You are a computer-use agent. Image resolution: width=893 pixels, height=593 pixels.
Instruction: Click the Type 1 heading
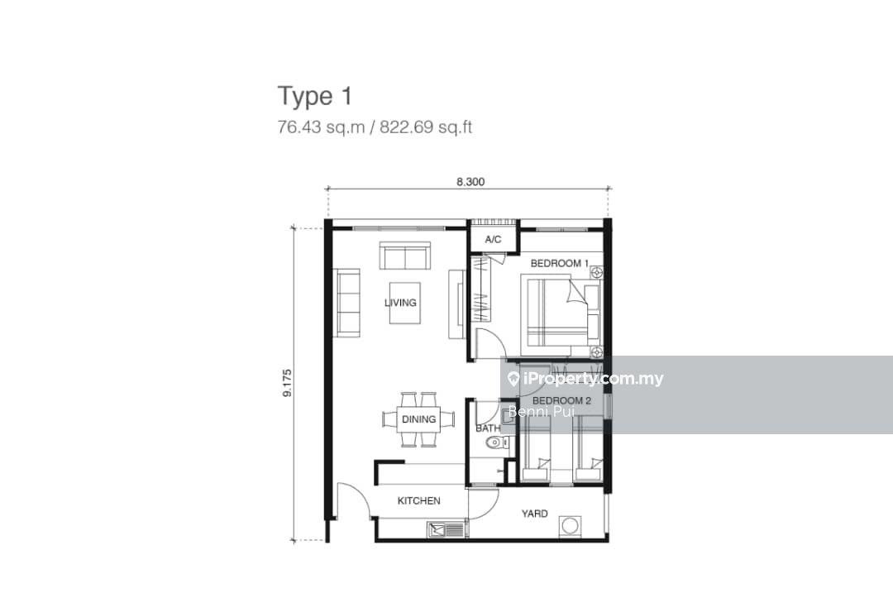coord(315,96)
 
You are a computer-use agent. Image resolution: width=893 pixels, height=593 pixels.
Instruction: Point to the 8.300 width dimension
coord(470,183)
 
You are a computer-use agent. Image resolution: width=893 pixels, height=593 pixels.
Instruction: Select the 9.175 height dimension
coord(286,384)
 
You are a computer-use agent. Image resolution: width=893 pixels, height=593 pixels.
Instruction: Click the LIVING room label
coord(400,303)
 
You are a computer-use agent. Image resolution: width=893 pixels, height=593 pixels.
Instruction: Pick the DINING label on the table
coord(418,419)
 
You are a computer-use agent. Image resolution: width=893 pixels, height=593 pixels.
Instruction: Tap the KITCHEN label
coord(418,500)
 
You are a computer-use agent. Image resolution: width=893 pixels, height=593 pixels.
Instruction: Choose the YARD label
coord(534,514)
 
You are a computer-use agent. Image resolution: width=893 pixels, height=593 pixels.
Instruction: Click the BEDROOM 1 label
coord(559,263)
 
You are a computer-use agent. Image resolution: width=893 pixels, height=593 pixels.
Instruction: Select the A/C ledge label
coord(493,240)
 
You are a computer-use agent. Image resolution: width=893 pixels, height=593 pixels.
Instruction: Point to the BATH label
coord(487,428)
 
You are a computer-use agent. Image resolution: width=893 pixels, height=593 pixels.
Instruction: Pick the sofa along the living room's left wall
coord(347,302)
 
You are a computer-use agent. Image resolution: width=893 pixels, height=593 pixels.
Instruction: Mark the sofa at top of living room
coord(404,256)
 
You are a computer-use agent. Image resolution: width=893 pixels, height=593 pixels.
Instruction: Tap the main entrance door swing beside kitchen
coord(352,500)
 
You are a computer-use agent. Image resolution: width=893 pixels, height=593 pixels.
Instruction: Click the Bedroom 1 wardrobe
coord(481,289)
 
